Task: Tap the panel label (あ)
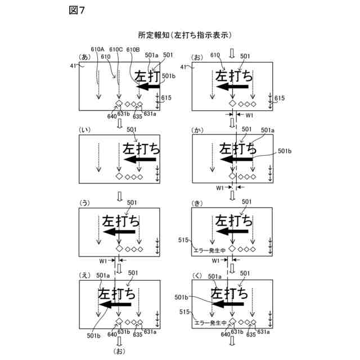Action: (x=85, y=58)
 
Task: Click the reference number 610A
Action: (x=97, y=49)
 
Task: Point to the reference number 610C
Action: (x=117, y=49)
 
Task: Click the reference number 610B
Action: (x=133, y=49)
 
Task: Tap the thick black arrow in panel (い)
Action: (x=141, y=161)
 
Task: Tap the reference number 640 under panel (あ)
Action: (x=112, y=116)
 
